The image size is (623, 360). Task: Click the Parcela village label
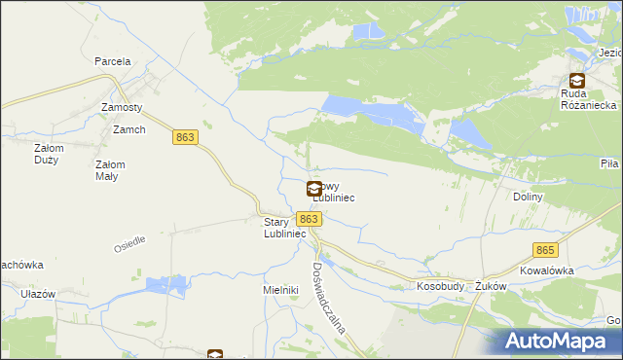tap(113, 61)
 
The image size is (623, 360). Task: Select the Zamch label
tap(128, 130)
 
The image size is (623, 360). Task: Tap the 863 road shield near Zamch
tap(186, 138)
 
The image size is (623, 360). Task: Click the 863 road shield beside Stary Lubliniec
tap(308, 219)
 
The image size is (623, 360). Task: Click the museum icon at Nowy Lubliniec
tap(314, 190)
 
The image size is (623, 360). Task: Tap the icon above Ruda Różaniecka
tap(577, 82)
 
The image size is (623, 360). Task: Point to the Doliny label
tap(528, 197)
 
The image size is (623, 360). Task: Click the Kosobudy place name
tap(438, 287)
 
